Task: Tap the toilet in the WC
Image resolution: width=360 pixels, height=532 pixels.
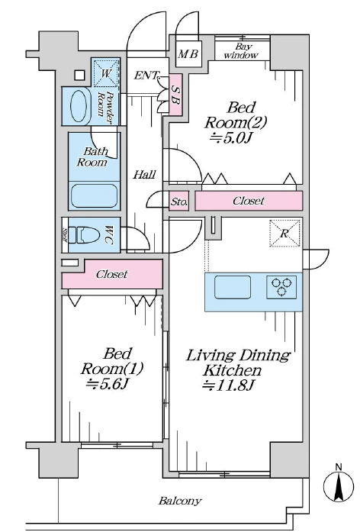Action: pos(88,235)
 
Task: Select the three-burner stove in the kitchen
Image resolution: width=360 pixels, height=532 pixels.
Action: pos(281,287)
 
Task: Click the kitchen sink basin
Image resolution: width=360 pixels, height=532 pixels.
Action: pos(233,287)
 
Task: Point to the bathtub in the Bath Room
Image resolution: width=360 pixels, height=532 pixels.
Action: pos(94,196)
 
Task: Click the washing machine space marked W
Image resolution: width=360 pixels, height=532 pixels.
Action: pos(106,73)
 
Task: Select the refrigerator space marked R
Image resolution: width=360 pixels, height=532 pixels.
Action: pos(284,233)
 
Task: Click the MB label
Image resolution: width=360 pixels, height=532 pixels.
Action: pos(188,53)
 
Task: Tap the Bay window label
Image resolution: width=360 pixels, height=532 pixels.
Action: pos(242,51)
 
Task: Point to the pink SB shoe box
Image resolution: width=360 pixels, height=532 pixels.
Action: pos(175,95)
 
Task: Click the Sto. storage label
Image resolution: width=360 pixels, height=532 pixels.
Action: pos(178,202)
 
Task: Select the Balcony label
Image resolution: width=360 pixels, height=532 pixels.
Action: pos(180,501)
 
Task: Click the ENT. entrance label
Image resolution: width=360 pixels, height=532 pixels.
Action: pos(146,76)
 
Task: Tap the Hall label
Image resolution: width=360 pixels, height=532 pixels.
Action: pos(144,175)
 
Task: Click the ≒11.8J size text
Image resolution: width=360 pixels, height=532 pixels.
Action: pos(228,385)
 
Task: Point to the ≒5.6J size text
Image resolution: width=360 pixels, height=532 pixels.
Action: pos(108,384)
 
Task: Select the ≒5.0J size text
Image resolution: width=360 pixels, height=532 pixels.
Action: pos(231,137)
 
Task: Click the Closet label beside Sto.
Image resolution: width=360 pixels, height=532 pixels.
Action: pos(248,201)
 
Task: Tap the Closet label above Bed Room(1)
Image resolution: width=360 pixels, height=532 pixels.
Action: pos(112,274)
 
